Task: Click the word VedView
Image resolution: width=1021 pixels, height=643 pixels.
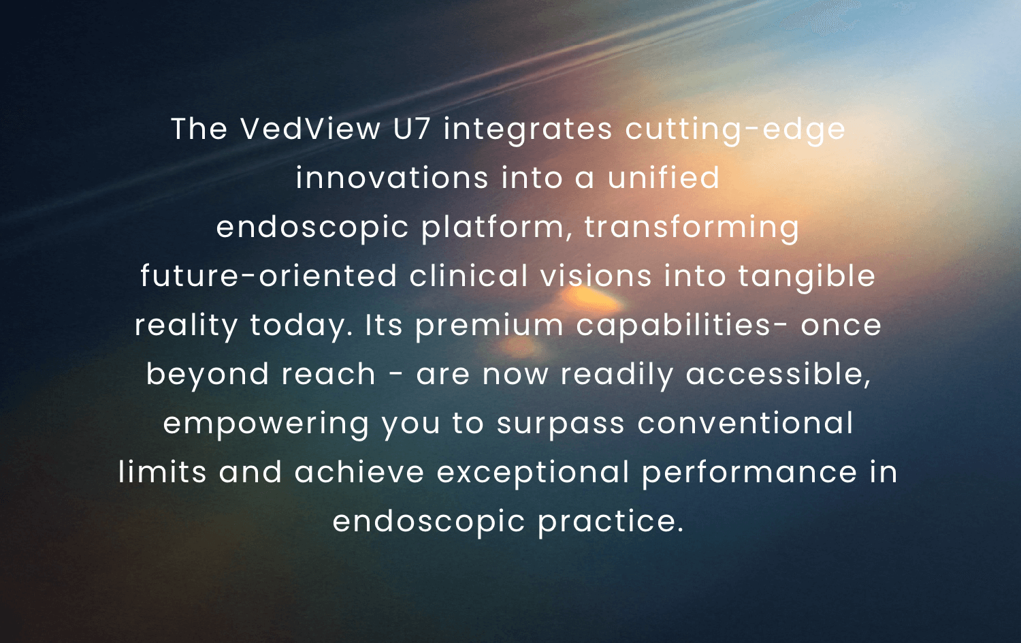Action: (310, 129)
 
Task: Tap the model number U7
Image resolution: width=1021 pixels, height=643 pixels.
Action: (412, 129)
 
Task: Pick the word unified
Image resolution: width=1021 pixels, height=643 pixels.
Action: (663, 177)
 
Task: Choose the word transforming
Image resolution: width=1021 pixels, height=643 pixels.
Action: (692, 228)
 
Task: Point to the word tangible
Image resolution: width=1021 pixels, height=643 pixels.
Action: (807, 277)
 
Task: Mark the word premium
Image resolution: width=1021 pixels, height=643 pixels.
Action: (489, 326)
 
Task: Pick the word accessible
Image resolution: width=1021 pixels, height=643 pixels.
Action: (778, 375)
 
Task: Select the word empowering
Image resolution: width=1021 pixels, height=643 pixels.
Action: (265, 424)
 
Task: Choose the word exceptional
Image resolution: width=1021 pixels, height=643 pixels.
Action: (533, 473)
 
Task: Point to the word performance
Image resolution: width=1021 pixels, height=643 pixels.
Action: (749, 473)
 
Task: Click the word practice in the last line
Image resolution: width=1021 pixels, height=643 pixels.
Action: (611, 522)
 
